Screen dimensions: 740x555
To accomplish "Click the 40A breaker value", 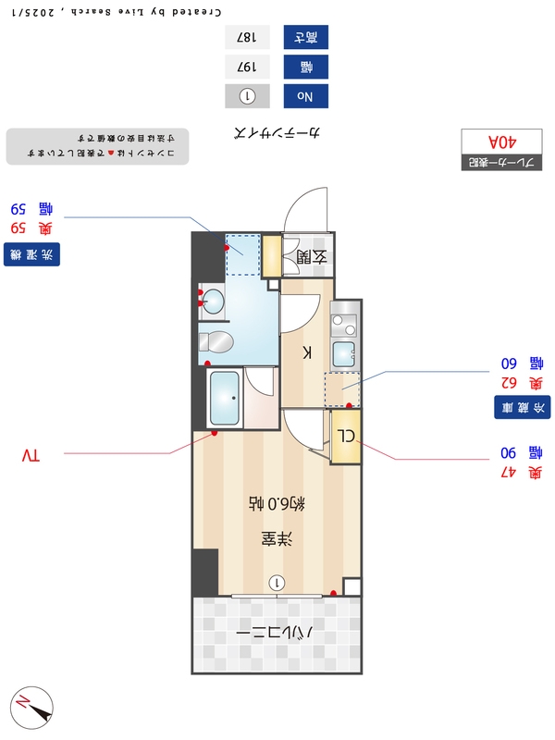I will [x=499, y=142].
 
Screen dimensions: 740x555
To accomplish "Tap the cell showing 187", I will [x=247, y=38].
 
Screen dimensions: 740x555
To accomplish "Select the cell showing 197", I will [x=247, y=67].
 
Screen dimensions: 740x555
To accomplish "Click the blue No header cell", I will [x=305, y=95].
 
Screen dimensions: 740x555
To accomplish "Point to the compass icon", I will [x=31, y=708].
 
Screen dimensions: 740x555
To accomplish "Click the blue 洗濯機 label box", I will [x=31, y=253].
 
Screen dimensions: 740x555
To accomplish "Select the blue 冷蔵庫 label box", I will [x=524, y=406].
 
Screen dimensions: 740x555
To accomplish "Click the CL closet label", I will [x=345, y=437].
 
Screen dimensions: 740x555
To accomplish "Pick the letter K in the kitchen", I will [x=309, y=351].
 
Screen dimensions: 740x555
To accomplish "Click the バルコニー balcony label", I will [x=277, y=635].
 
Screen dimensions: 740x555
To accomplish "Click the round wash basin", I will [x=213, y=301].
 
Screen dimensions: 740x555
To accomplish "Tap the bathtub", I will [x=225, y=399].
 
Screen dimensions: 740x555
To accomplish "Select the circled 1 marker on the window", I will [x=277, y=582].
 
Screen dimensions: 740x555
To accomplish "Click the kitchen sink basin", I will [x=344, y=354].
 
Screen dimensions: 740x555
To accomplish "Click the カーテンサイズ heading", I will [x=277, y=133].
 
